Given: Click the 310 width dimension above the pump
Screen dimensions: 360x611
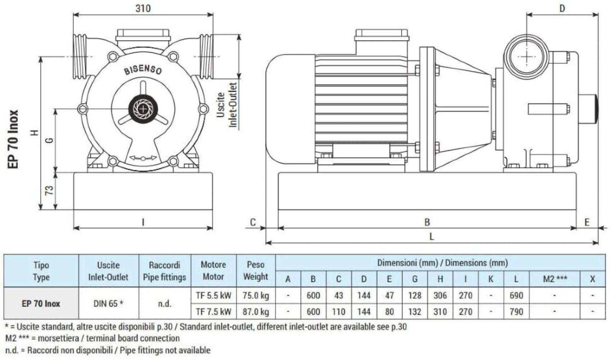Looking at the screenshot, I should pyautogui.click(x=143, y=8).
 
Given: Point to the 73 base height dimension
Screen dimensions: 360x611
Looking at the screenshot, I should pyautogui.click(x=49, y=190).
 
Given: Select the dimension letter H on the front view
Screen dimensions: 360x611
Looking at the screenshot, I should pyautogui.click(x=35, y=133).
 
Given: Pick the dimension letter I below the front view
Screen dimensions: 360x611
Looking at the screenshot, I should pyautogui.click(x=143, y=222).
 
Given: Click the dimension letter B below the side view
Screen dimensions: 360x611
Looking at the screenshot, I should pyautogui.click(x=427, y=222).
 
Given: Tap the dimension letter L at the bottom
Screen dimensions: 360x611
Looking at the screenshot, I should pyautogui.click(x=431, y=237).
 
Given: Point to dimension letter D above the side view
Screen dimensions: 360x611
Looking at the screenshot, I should pyautogui.click(x=562, y=8).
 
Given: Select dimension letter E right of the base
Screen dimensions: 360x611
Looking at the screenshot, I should pyautogui.click(x=587, y=222).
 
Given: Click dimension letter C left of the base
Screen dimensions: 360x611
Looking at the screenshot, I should pyautogui.click(x=253, y=222).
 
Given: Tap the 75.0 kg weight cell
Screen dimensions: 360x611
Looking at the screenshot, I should pyautogui.click(x=255, y=296).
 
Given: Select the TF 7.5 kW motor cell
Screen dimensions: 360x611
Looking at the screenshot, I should pyautogui.click(x=213, y=311).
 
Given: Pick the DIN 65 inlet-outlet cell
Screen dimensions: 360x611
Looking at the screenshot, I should pyautogui.click(x=108, y=303).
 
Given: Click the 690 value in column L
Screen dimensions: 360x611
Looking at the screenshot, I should pyautogui.click(x=516, y=296).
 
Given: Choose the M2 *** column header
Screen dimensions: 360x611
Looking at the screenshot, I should pyautogui.click(x=555, y=279).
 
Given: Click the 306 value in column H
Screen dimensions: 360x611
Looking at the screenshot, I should pyautogui.click(x=440, y=296).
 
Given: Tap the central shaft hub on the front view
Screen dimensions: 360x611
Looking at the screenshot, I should pyautogui.click(x=143, y=108).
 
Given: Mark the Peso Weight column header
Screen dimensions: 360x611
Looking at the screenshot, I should pyautogui.click(x=255, y=271).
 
